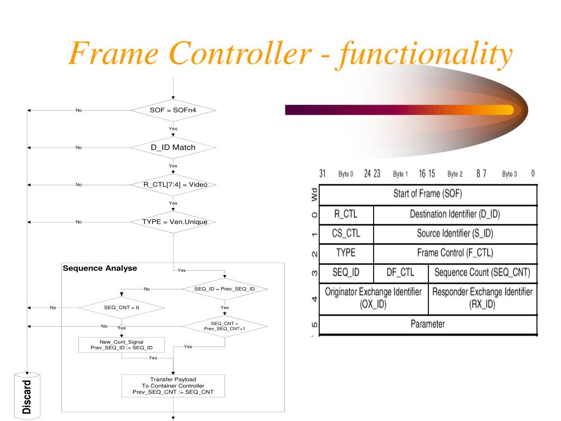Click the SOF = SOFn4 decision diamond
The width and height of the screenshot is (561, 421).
tap(173, 110)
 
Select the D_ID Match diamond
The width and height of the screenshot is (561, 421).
tap(173, 147)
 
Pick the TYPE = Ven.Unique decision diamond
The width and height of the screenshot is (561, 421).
tap(173, 222)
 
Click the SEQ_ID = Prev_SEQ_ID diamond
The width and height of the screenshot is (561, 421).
tap(225, 289)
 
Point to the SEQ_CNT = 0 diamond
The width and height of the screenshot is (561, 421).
tap(122, 308)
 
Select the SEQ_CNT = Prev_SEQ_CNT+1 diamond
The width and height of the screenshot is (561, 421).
tap(225, 326)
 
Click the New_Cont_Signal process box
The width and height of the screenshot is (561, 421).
tap(122, 345)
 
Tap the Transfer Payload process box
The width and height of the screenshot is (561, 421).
tap(173, 386)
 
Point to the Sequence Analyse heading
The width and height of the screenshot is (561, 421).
tap(100, 269)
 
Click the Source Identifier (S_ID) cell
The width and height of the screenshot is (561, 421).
tap(455, 234)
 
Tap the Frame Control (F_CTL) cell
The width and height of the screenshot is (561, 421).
tap(455, 253)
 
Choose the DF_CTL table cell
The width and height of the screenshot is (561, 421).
tap(400, 272)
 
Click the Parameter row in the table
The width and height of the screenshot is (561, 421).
tap(428, 324)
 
